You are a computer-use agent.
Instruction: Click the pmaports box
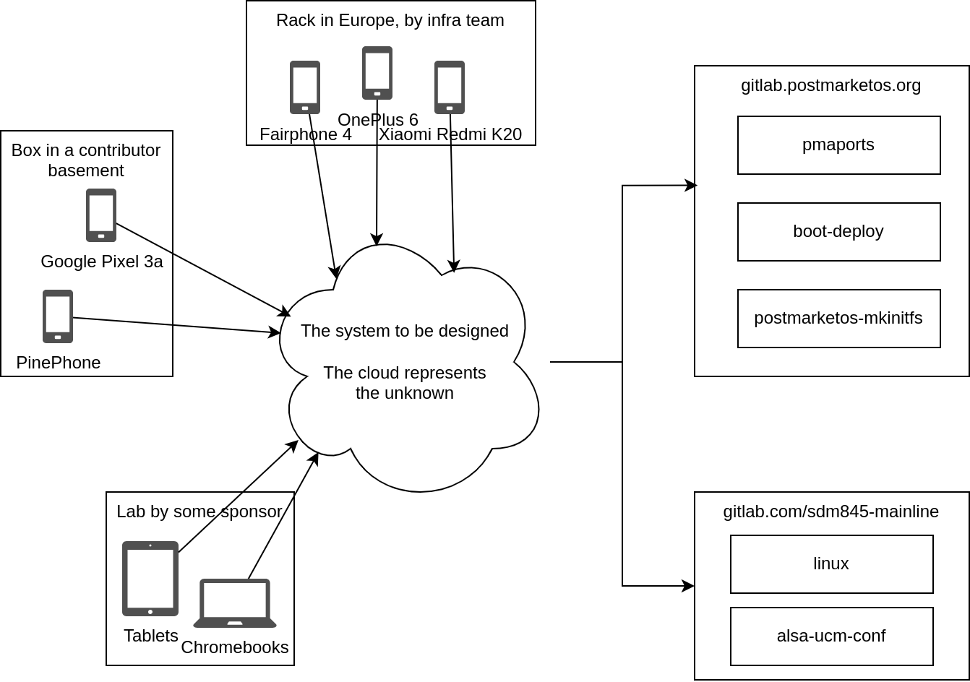[838, 145]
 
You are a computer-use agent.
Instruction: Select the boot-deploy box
[838, 232]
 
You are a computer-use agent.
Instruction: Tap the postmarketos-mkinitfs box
[838, 319]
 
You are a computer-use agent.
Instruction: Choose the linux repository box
[831, 564]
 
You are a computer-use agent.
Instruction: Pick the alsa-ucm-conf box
[831, 636]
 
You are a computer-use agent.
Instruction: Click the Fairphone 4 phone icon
[305, 87]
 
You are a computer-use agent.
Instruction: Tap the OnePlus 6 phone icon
[377, 73]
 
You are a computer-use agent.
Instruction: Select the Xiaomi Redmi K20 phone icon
[450, 87]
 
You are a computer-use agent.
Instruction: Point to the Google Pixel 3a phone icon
[101, 215]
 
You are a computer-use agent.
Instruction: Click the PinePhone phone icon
[58, 316]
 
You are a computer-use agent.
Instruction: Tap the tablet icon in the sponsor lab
[150, 579]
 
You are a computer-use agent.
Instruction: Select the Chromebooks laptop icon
[235, 603]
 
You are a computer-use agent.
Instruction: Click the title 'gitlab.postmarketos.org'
[830, 85]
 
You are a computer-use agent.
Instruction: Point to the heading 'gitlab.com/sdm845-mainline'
[830, 511]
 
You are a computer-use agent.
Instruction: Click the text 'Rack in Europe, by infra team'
[390, 20]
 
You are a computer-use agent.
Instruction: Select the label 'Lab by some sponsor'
[199, 511]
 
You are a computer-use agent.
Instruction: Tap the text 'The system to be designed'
[405, 331]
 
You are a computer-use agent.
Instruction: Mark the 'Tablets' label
[150, 636]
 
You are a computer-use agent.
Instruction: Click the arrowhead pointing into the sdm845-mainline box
[689, 586]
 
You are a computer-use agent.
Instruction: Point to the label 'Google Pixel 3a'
[102, 262]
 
